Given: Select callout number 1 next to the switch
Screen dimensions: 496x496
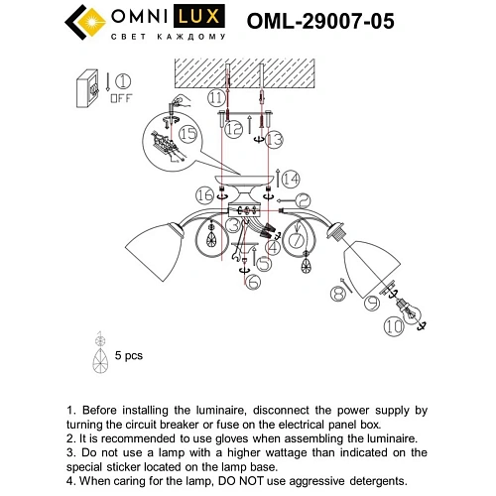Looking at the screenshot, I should [x=123, y=82].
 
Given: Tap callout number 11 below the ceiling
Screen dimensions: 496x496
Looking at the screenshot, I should [x=215, y=97].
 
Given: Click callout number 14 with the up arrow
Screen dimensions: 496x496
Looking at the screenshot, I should [x=290, y=179].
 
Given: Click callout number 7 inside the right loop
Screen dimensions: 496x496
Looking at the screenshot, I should [x=297, y=241].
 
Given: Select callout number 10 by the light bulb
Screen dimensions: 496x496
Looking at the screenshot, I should [x=395, y=324].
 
